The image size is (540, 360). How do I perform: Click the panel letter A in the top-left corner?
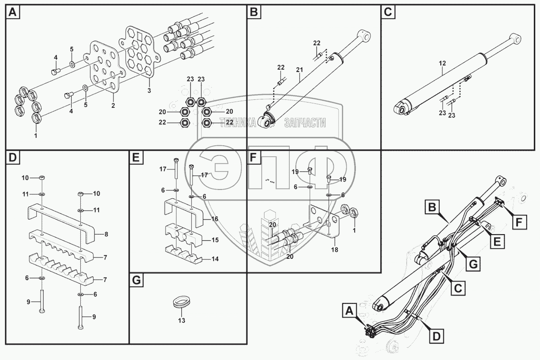12,12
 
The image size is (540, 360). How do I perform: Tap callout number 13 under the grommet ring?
181,320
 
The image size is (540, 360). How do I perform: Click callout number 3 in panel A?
149,90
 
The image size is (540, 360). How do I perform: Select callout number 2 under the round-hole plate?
113,106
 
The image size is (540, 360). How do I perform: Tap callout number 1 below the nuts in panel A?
36,136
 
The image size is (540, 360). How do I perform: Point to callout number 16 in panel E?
215,219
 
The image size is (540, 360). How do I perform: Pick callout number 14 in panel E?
215,259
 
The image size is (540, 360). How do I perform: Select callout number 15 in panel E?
215,240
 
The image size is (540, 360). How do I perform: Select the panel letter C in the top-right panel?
388,12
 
